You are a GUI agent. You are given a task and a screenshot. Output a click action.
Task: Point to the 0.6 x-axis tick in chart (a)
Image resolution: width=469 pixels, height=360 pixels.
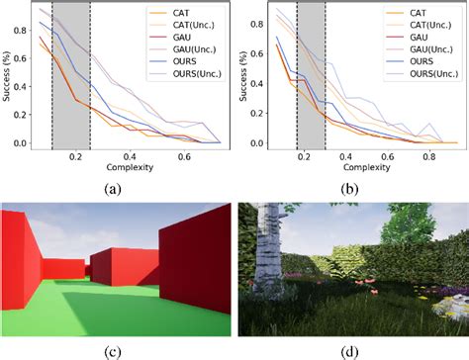click(184, 156)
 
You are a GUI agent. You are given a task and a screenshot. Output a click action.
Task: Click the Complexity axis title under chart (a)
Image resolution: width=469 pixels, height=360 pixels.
click(131, 167)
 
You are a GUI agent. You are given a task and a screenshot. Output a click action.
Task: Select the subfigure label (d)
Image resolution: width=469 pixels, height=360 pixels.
click(352, 349)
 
